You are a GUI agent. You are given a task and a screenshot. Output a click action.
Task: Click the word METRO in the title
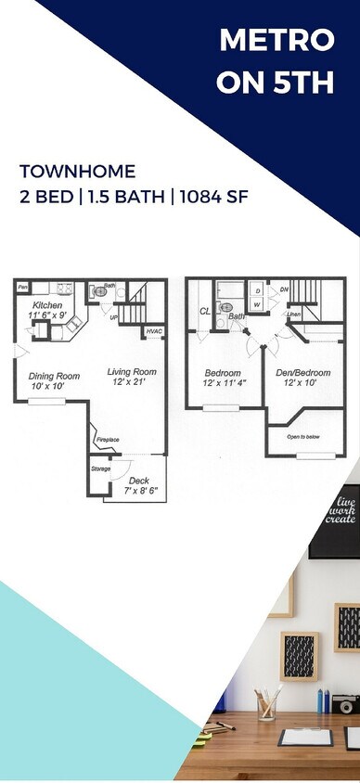pos(276,41)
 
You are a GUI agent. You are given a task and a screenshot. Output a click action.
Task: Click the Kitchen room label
pos(47,305)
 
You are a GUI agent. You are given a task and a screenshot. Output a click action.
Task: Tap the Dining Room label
pos(54,376)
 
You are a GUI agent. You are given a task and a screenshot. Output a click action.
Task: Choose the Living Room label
pos(131,371)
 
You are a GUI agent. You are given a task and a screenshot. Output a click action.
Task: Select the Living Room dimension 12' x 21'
pos(131,382)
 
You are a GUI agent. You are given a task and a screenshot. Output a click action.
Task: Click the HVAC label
pos(154,331)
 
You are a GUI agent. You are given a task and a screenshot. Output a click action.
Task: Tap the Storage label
pos(100,469)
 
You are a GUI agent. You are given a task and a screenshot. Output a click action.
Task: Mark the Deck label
pos(139,480)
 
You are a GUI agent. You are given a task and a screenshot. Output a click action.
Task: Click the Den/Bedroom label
pos(303,373)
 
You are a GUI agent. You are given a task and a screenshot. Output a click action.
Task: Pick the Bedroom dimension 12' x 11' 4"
pos(224,383)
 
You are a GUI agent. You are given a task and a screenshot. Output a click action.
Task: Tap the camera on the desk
pos(344,703)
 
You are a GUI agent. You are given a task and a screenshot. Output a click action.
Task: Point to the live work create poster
pos(336,520)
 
